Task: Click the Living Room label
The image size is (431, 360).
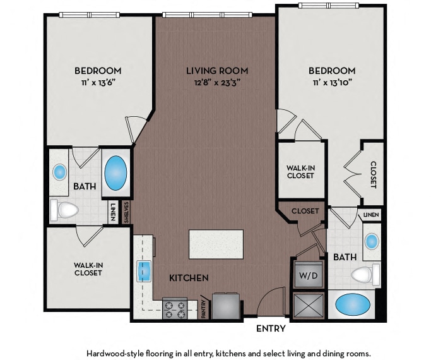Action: pos(217,71)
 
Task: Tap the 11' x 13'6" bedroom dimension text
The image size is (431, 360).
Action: pos(98,82)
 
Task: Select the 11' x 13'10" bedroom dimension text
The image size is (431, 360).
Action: pos(333,82)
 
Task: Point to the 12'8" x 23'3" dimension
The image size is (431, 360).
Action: pos(217,82)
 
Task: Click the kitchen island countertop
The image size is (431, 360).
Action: pos(216,244)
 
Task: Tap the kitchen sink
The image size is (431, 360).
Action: pos(144,272)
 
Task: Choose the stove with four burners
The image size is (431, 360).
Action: pos(175,309)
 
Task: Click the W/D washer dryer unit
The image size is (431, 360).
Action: pos(309,275)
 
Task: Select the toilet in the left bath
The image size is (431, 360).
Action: pos(64,210)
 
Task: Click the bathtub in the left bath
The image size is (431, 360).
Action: pos(115,173)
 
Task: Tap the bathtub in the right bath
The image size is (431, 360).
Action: pos(353,304)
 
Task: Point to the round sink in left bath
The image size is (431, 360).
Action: pos(60,172)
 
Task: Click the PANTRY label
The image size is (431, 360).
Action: pos(204,309)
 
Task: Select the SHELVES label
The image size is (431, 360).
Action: pos(126,212)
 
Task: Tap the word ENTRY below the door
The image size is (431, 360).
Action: pos(271,328)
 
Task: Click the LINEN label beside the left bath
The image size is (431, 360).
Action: pos(112,212)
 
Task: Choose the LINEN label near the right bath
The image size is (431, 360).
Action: pos(371,215)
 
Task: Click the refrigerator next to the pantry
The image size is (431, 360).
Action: pos(226,306)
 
